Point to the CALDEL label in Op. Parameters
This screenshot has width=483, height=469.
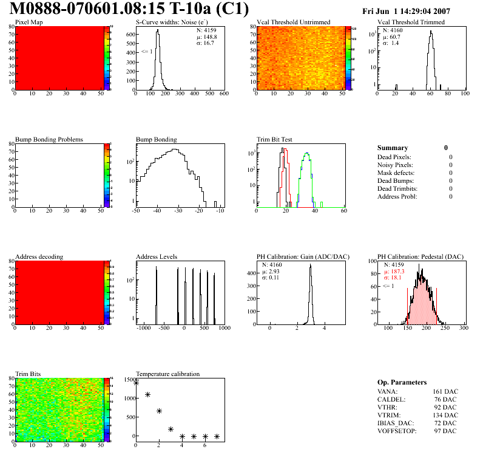(x=389, y=400)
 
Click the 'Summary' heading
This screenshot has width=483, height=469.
(x=393, y=148)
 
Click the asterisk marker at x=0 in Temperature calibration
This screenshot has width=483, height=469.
(x=136, y=383)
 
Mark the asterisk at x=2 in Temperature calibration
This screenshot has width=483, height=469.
(x=159, y=411)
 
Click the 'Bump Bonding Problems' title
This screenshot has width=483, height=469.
(x=49, y=139)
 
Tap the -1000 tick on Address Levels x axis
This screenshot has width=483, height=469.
(x=144, y=328)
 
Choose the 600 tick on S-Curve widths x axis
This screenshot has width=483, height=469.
(x=223, y=94)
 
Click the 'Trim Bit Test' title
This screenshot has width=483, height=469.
(x=274, y=139)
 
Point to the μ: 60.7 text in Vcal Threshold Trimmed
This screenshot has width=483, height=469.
(x=391, y=36)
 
